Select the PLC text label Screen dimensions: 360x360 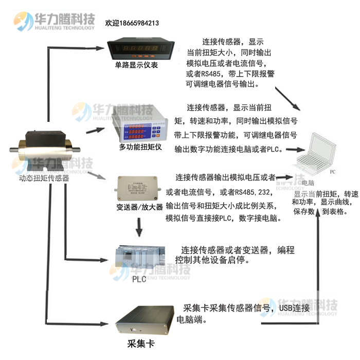pyautogui.click(x=139, y=279)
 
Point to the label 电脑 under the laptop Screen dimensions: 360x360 pyautogui.click(x=308, y=183)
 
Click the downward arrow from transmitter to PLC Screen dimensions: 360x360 pyautogui.click(x=139, y=226)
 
